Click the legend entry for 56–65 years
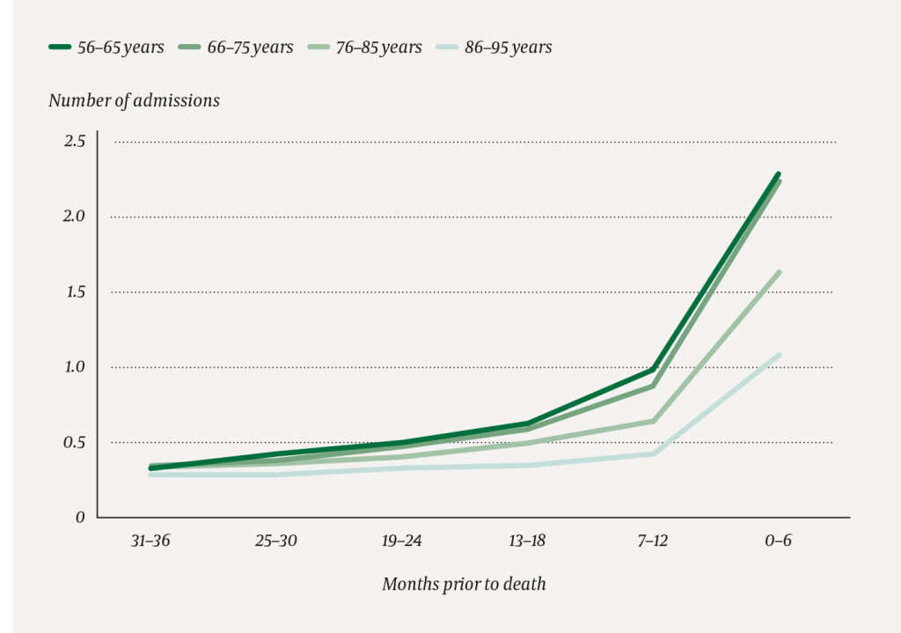[x=106, y=48]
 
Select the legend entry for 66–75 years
[x=236, y=48]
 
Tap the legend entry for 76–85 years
[x=364, y=48]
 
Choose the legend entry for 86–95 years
[x=494, y=48]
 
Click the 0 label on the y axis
[x=80, y=518]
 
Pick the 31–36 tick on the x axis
[x=150, y=541]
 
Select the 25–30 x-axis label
[x=276, y=541]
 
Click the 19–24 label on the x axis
[x=401, y=541]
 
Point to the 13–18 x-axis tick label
[x=527, y=541]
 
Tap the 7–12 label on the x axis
[x=653, y=541]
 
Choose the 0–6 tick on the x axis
[x=778, y=541]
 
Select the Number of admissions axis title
[x=134, y=100]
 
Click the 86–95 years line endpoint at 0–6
[x=779, y=355]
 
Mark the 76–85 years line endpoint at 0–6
[x=779, y=272]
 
